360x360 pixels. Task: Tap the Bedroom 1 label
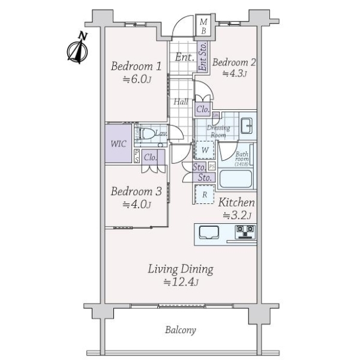click(x=136, y=66)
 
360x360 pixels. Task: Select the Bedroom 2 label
click(x=234, y=62)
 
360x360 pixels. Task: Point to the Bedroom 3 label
click(x=136, y=192)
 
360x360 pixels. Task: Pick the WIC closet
click(x=118, y=144)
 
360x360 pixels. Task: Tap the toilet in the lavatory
click(x=146, y=134)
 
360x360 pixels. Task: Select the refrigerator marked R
click(x=205, y=195)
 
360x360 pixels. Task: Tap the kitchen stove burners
click(x=246, y=232)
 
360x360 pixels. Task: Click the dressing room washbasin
click(x=246, y=126)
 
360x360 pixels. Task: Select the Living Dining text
click(x=181, y=269)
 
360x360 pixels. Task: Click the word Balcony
click(x=180, y=330)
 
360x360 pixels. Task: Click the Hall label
click(x=181, y=102)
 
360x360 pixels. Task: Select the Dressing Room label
click(x=217, y=131)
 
